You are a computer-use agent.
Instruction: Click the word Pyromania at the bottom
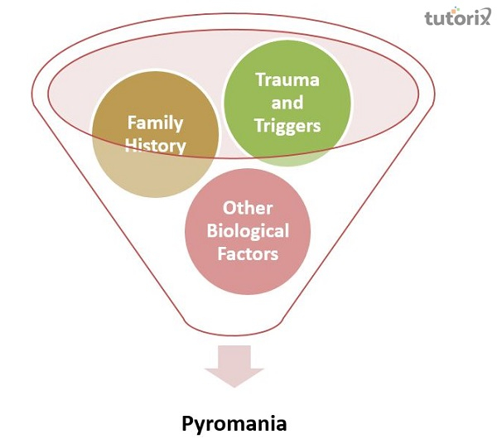tap(234, 424)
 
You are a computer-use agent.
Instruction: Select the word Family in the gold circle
tap(155, 123)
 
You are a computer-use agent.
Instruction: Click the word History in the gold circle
tap(156, 147)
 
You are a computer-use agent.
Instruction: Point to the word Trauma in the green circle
tap(287, 81)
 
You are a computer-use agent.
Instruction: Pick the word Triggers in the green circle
tap(287, 127)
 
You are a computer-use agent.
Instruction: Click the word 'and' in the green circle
tap(287, 104)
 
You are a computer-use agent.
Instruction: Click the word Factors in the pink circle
tap(248, 253)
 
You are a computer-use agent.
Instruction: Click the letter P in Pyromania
tap(188, 423)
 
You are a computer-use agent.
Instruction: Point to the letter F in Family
tap(132, 123)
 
